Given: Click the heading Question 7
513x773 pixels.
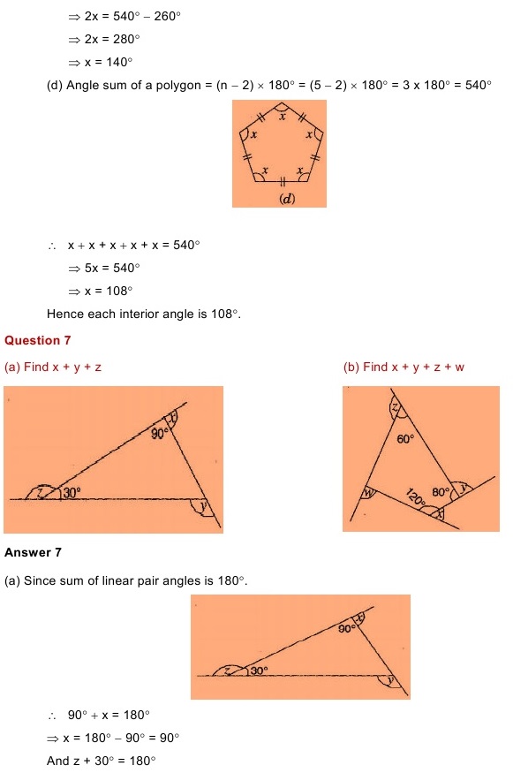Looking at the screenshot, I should point(37,339).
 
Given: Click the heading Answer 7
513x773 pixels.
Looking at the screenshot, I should point(33,553).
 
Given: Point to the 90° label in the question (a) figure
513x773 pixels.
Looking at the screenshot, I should point(159,434).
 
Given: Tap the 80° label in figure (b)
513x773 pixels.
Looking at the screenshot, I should point(441,492).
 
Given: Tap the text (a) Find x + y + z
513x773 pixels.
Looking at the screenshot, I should point(53,367).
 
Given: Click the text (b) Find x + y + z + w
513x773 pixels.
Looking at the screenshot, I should point(403,367).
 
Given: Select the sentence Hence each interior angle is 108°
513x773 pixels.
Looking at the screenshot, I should point(144,313).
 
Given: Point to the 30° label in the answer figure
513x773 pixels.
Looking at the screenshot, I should point(258,671).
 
